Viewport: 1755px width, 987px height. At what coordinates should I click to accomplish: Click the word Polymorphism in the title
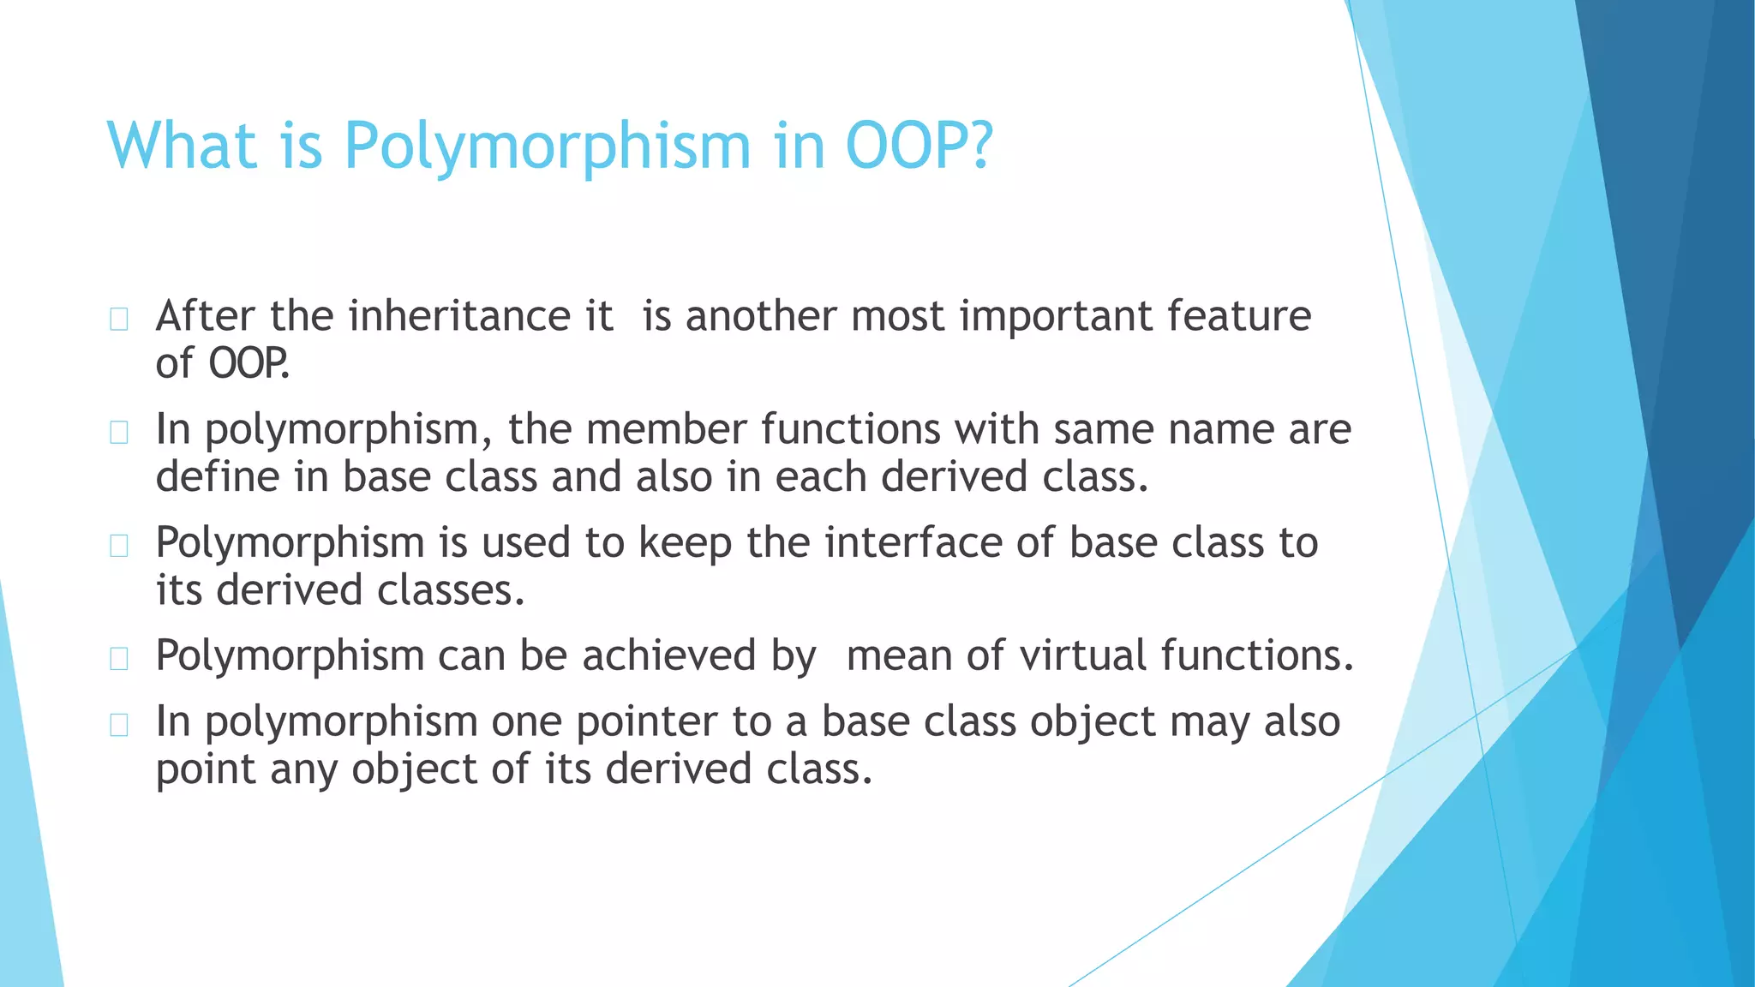547,147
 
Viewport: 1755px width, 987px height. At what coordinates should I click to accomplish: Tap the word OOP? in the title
919,146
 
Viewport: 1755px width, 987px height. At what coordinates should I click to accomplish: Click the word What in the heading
182,146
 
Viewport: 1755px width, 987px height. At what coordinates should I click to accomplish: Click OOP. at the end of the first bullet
249,363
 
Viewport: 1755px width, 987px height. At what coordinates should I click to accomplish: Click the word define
217,476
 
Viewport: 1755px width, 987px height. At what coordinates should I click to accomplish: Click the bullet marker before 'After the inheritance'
119,320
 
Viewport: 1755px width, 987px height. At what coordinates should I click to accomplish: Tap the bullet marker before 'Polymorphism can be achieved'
119,659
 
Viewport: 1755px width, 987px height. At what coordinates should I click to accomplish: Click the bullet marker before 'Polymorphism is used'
119,546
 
